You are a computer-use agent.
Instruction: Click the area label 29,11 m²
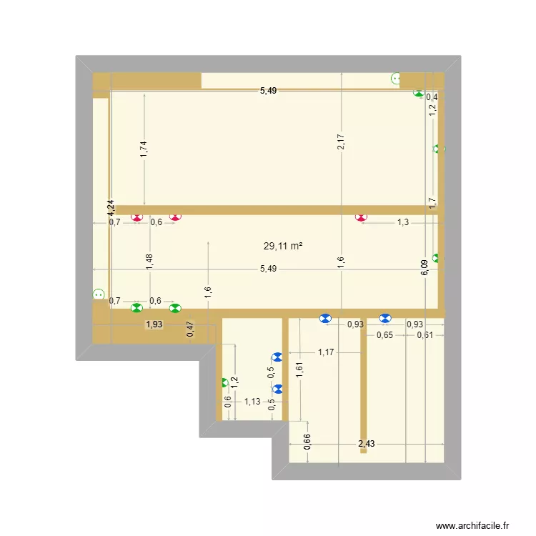click(282, 246)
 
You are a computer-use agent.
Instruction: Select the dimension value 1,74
click(144, 148)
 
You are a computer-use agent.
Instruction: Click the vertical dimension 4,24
click(111, 207)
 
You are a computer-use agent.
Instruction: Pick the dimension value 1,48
click(149, 262)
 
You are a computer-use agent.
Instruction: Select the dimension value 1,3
click(403, 222)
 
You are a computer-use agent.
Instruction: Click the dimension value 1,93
click(154, 324)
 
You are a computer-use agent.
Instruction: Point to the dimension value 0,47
click(190, 329)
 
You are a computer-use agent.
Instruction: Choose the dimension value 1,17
click(327, 351)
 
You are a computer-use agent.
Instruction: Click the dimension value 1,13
click(252, 402)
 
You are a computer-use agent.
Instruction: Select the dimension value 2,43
click(366, 444)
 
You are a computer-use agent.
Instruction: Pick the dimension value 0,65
click(384, 335)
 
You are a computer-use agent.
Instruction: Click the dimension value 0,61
click(425, 335)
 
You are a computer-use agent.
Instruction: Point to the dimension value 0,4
click(432, 97)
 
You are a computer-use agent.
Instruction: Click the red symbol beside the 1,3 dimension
click(362, 216)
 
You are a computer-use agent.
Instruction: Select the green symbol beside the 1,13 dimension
click(224, 383)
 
